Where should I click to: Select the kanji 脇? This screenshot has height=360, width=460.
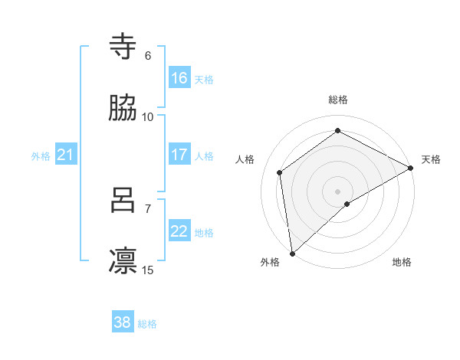pyautogui.click(x=123, y=109)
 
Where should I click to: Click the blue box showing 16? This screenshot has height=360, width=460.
pyautogui.click(x=179, y=78)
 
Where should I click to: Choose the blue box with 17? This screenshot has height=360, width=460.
pyautogui.click(x=179, y=155)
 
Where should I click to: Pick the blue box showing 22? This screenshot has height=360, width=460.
pyautogui.click(x=179, y=231)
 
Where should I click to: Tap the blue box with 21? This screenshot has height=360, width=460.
pyautogui.click(x=66, y=155)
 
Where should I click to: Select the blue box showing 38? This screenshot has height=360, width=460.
pyautogui.click(x=123, y=322)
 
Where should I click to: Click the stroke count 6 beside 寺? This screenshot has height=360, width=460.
pyautogui.click(x=148, y=55)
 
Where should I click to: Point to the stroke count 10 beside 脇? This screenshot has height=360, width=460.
pyautogui.click(x=148, y=116)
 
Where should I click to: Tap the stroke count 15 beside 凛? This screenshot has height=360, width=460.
pyautogui.click(x=148, y=270)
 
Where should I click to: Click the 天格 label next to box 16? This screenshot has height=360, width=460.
pyautogui.click(x=204, y=79)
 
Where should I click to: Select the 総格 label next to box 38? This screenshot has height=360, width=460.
pyautogui.click(x=147, y=324)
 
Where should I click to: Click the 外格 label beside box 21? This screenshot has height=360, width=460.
pyautogui.click(x=41, y=156)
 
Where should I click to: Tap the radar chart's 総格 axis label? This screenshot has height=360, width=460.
pyautogui.click(x=338, y=100)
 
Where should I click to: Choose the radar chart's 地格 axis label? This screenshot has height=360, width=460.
pyautogui.click(x=402, y=262)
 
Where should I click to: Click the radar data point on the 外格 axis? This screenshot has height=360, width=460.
pyautogui.click(x=292, y=253)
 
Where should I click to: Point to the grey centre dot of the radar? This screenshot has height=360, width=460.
pyautogui.click(x=337, y=191)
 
